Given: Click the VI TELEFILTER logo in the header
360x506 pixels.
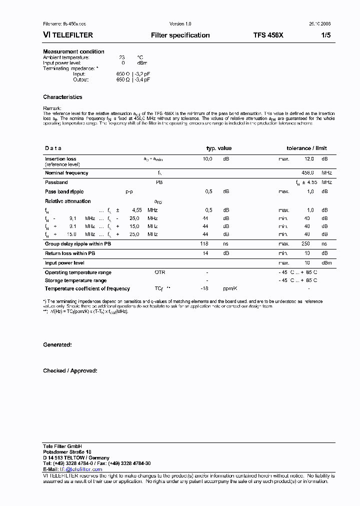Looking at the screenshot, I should pos(68,35).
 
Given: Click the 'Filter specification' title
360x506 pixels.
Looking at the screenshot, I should pos(180,35).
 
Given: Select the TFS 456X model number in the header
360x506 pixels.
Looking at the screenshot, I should pos(268,35).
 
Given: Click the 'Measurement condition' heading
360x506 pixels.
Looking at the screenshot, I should pos(73,51).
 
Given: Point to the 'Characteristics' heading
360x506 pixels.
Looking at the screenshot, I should pos(62,97).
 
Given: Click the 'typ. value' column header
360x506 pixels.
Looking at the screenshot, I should pos(219,148).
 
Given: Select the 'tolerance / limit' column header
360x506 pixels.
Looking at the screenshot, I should pos(306,148).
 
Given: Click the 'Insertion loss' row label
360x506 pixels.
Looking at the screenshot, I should pos(60,159).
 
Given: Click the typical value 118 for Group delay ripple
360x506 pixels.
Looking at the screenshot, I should pos(204,244).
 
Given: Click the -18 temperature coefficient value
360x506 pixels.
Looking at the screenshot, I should pos(204,288).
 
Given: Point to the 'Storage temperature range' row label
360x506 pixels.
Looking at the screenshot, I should pos(75,280).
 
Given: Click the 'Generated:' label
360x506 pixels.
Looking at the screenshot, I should pos(57,345).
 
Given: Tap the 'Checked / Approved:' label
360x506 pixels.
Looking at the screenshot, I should pos(70,370).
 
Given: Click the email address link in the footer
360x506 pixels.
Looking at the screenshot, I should pos(81,469).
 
